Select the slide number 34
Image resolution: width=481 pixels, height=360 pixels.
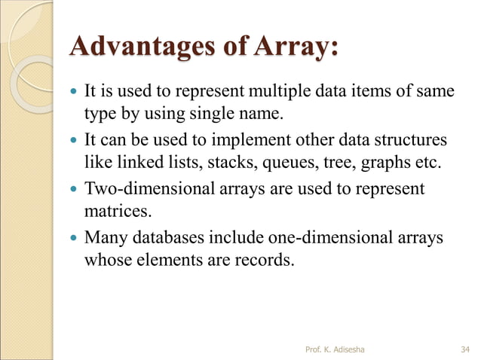point(465,349)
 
